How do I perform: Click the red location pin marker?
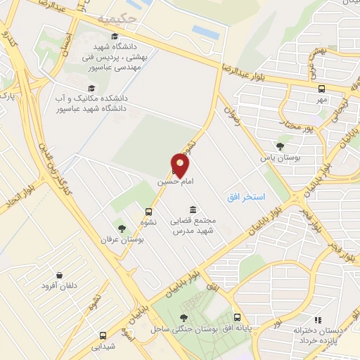[181, 164]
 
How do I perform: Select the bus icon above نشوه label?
[148, 211]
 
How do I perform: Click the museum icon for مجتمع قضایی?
[193, 210]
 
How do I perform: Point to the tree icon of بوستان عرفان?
[121, 229]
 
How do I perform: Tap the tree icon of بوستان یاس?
[280, 146]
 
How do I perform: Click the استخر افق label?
[246, 198]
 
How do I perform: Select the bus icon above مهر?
[321, 89]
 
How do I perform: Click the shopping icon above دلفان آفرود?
[59, 275]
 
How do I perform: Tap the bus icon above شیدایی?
[103, 335]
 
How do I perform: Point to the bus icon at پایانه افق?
[237, 317]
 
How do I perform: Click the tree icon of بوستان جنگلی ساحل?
[184, 318]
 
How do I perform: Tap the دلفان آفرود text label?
[58, 286]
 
